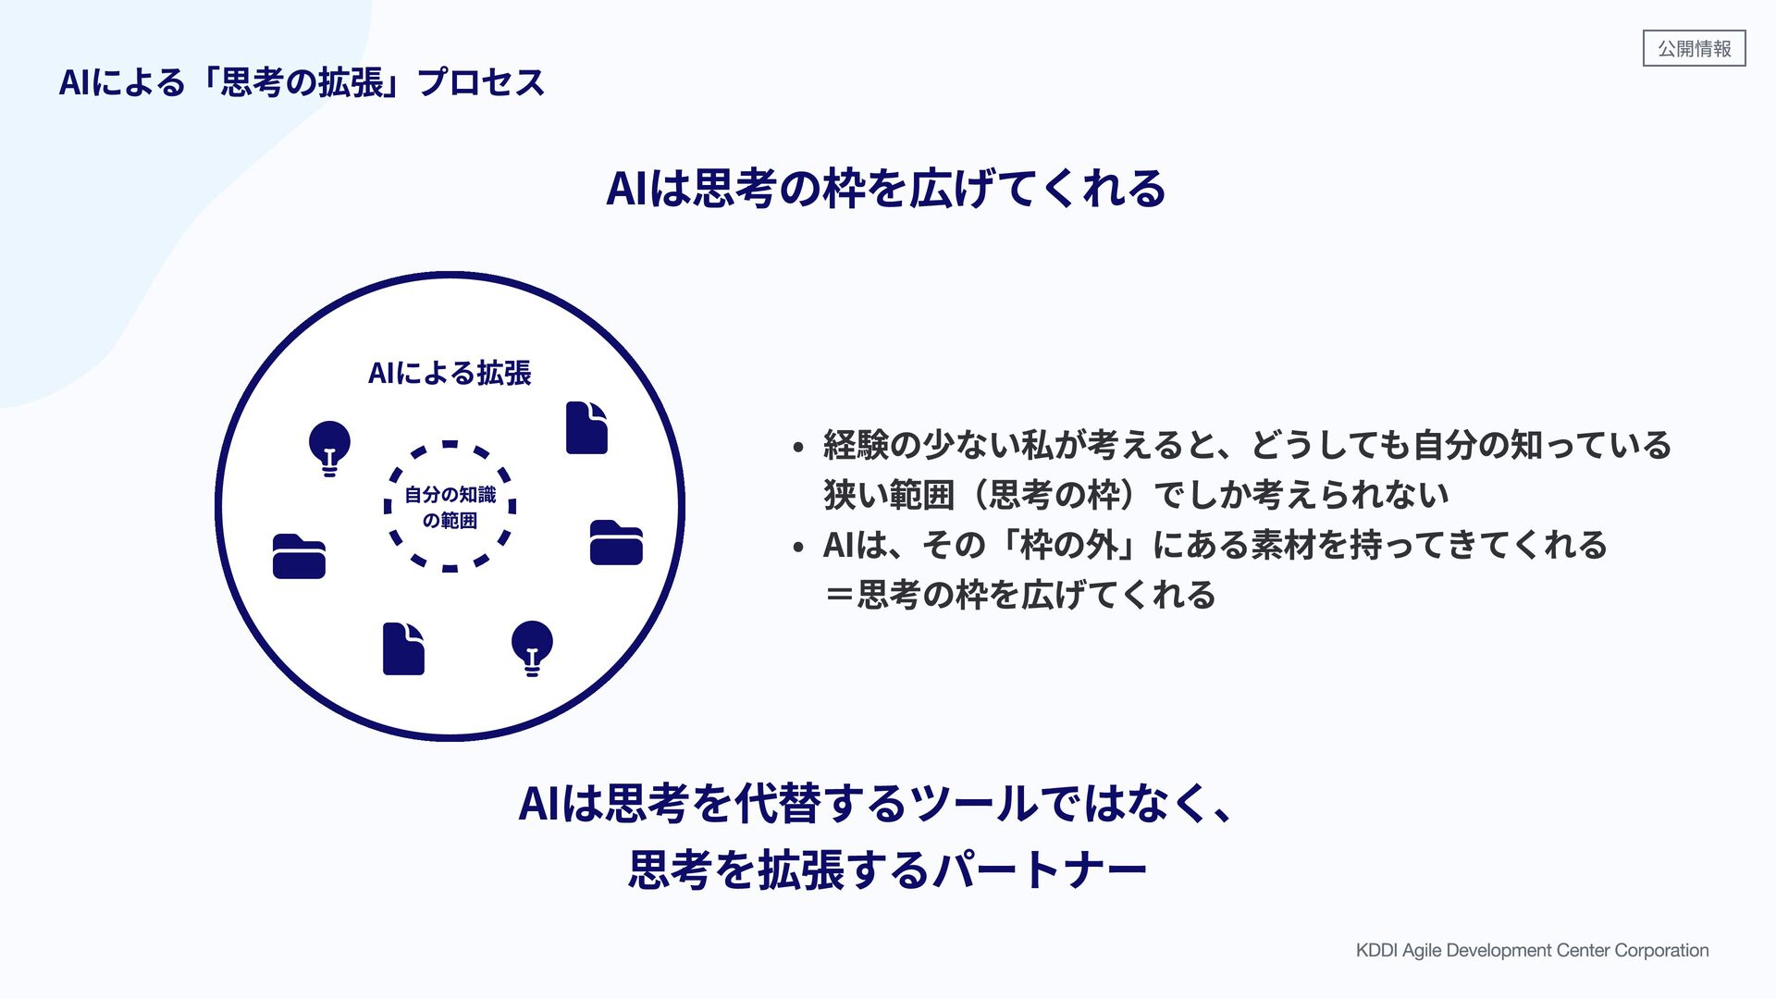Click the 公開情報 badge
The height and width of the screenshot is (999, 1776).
pos(1694,48)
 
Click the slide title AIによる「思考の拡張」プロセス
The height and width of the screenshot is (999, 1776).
pos(302,83)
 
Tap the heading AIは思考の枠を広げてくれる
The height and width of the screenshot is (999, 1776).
pos(885,189)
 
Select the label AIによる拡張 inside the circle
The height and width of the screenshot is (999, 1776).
pos(450,373)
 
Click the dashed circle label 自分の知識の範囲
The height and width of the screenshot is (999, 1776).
pos(450,508)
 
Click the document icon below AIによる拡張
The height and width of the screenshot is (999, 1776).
pos(586,428)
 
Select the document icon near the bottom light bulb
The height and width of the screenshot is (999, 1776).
pos(403,648)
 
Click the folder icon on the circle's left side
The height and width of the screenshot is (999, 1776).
pos(299,557)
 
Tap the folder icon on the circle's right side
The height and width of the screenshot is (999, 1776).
pos(616,543)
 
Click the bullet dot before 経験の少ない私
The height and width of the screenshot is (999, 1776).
pos(798,449)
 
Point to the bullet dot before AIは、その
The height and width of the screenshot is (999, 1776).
pos(798,548)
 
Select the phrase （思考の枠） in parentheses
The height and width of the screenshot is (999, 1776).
pos(1054,496)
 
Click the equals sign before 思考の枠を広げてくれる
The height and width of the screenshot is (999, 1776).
pos(840,595)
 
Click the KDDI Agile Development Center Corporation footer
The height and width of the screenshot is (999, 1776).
pos(1532,950)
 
